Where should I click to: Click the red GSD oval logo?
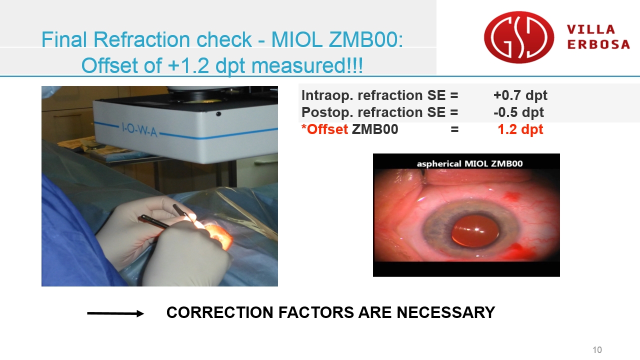tap(519, 37)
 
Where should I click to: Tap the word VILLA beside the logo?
tap(591, 29)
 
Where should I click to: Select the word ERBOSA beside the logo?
tap(598, 44)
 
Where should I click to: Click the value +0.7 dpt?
tap(520, 95)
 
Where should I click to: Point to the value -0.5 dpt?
tap(518, 112)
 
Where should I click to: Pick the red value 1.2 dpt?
tap(520, 129)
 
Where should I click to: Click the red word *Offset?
tap(324, 129)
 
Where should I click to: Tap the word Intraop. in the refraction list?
tap(327, 95)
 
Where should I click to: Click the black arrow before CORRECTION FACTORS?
tap(115, 313)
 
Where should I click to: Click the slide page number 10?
tap(597, 349)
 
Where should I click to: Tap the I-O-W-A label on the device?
tap(139, 129)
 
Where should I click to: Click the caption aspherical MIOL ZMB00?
tap(469, 163)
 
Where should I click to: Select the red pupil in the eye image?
tap(475, 231)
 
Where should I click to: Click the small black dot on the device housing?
tap(218, 114)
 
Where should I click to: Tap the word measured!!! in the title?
tap(307, 65)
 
